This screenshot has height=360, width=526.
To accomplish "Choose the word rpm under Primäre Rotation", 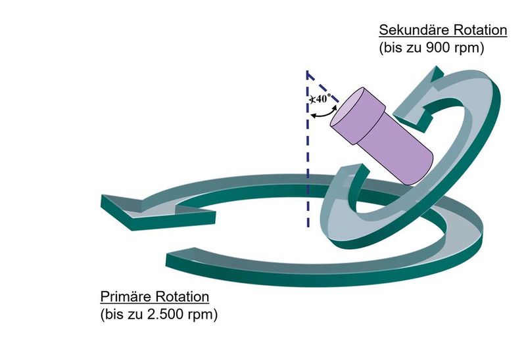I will (x=203, y=314).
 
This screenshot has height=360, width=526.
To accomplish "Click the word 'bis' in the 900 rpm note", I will (x=393, y=48).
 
